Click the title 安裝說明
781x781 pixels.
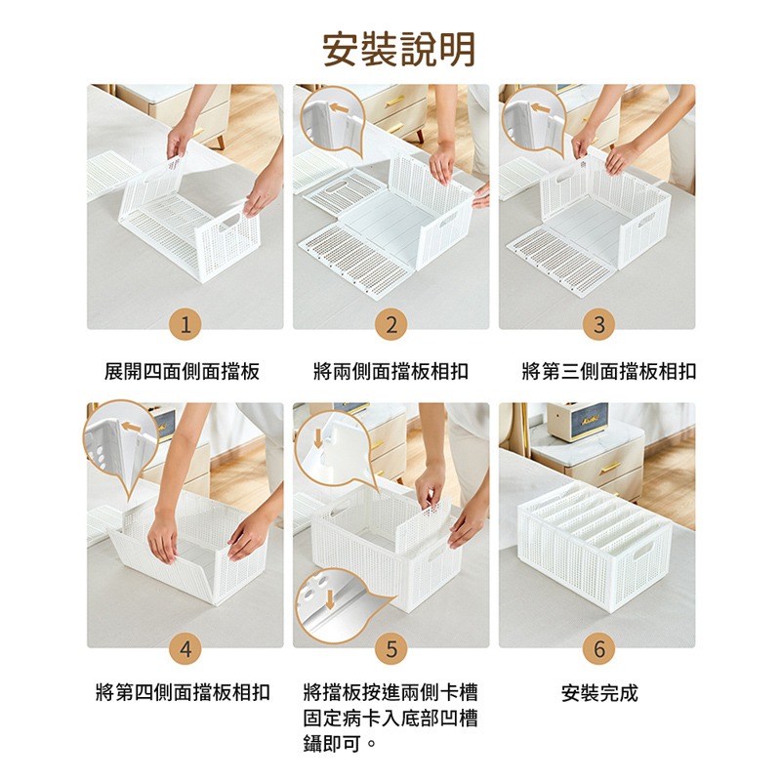[x=399, y=49]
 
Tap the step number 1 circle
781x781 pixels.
[x=185, y=325]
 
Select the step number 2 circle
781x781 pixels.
[x=391, y=325]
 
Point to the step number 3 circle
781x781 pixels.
[x=598, y=325]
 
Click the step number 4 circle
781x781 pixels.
[x=185, y=648]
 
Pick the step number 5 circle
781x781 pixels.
[x=391, y=648]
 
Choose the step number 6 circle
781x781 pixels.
[x=598, y=648]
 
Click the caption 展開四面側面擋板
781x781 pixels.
[x=182, y=372]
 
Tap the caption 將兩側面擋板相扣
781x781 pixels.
[x=391, y=372]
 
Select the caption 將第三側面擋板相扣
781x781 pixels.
[x=608, y=372]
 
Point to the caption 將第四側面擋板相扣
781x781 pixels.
[x=183, y=692]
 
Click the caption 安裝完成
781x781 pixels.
[x=599, y=693]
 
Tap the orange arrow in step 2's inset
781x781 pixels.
[x=339, y=108]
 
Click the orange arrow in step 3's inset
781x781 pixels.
[x=541, y=108]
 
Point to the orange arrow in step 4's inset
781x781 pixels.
[x=131, y=427]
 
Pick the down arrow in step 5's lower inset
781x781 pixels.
[x=329, y=599]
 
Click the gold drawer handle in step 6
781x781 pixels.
[x=610, y=468]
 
